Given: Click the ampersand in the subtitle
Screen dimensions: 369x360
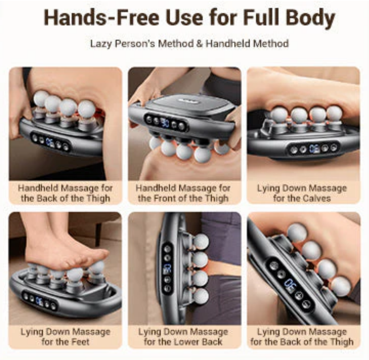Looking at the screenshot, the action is pyautogui.click(x=199, y=44).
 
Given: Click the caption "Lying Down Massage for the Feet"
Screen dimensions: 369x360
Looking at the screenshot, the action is pyautogui.click(x=66, y=337).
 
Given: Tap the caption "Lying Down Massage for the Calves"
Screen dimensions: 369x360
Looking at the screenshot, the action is pyautogui.click(x=302, y=193).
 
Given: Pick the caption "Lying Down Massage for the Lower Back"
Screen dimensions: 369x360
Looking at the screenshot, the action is pyautogui.click(x=183, y=337).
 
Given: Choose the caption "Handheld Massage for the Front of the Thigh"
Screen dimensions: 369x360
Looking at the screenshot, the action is pyautogui.click(x=183, y=193).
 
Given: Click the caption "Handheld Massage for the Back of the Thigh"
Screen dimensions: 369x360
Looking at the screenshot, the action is pyautogui.click(x=66, y=193).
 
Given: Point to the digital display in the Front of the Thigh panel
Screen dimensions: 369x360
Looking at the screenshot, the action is pyautogui.click(x=165, y=123).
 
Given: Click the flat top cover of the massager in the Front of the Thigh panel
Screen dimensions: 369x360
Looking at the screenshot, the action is pyautogui.click(x=188, y=103).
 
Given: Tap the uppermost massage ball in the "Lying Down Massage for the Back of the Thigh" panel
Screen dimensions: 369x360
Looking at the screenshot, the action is pyautogui.click(x=297, y=233).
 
